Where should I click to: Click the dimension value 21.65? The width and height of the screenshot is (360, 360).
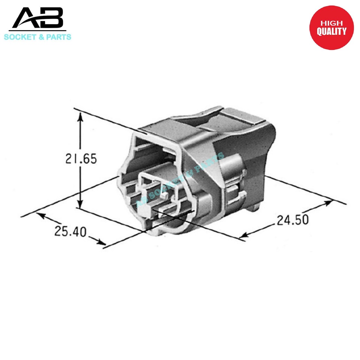pos(81,159)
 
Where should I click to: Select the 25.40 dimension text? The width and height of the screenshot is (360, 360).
pos(70,231)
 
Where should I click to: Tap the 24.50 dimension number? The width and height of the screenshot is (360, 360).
pos(292,220)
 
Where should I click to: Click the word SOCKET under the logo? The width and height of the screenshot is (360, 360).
pos(20,37)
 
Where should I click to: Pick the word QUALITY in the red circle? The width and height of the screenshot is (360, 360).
pos(331,31)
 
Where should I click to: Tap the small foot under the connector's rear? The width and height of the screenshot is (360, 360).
pos(256,209)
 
